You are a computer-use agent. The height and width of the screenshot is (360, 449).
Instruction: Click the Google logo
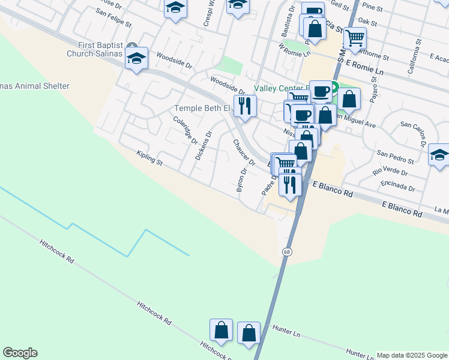[20, 353]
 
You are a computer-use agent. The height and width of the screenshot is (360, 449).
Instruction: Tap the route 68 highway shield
[288, 251]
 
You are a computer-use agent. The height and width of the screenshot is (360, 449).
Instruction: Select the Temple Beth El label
[202, 109]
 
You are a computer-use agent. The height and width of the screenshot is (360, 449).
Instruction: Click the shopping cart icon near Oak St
[355, 38]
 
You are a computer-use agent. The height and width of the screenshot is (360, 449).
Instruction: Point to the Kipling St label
[149, 158]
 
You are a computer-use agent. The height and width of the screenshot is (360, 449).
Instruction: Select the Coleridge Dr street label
[185, 130]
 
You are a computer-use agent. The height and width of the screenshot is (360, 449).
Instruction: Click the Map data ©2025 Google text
[412, 355]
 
